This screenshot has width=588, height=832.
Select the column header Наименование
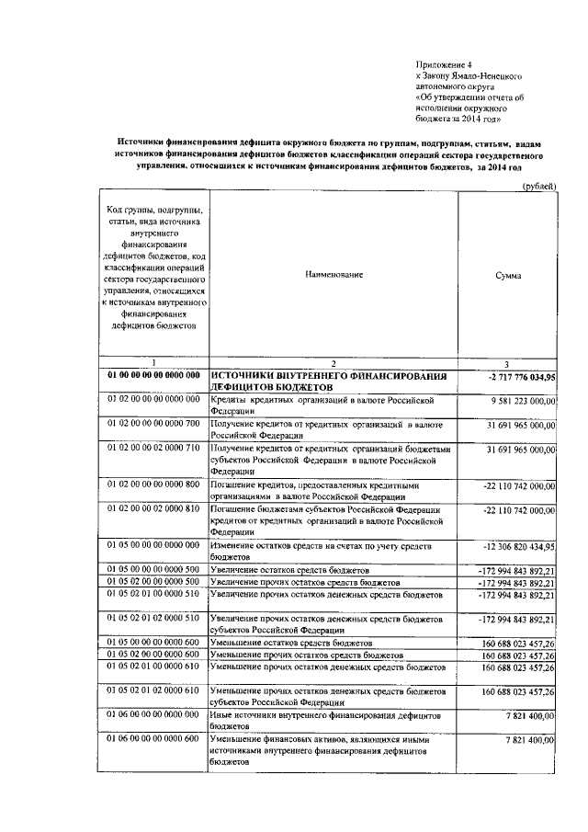(x=334, y=275)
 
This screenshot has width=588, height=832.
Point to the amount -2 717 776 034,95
(x=515, y=377)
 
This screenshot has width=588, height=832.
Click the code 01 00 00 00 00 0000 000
(x=153, y=376)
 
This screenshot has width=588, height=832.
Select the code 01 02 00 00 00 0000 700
(x=153, y=425)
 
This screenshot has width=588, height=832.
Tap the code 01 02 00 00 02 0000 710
(x=153, y=449)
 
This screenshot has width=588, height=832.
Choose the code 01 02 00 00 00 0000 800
(x=153, y=484)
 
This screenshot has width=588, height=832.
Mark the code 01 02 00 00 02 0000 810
(x=153, y=509)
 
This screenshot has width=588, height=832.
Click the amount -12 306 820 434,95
(x=515, y=546)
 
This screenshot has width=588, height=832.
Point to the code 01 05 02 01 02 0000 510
(x=153, y=619)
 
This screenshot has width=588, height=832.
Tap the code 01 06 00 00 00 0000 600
(x=153, y=738)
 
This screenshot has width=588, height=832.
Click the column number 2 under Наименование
(x=334, y=364)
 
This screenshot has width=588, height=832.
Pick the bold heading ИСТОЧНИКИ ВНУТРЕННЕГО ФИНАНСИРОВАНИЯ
(x=328, y=376)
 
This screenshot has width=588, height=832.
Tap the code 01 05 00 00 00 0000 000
(x=153, y=546)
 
